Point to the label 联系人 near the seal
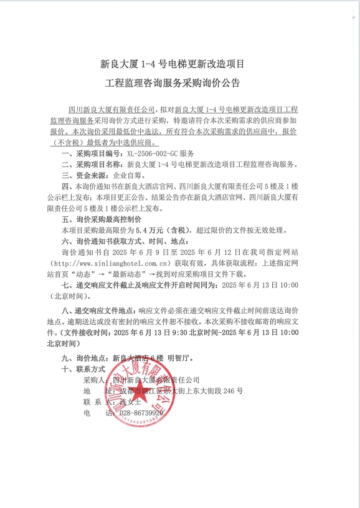pyautogui.click(x=95, y=402)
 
